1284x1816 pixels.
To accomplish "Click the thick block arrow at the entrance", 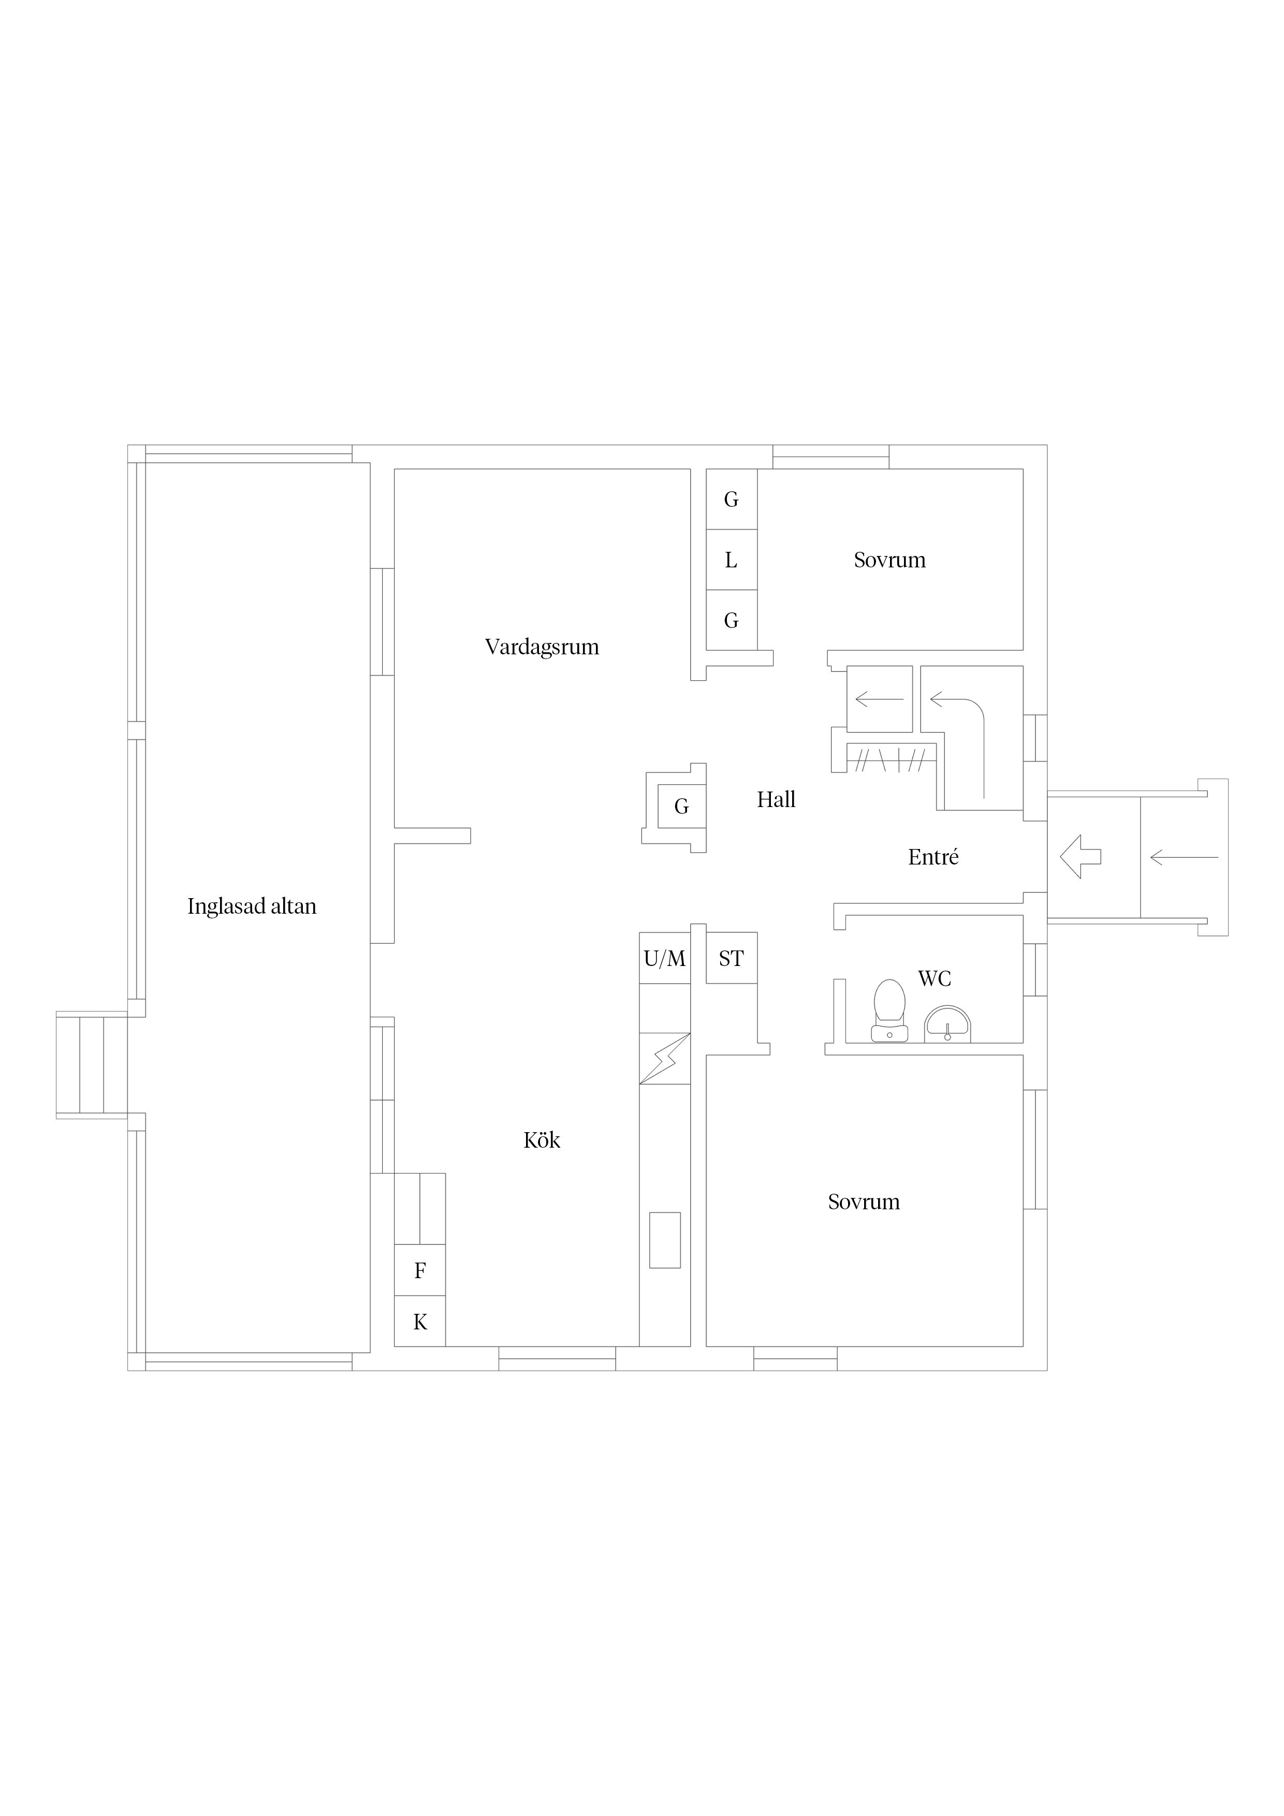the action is pos(1080,857).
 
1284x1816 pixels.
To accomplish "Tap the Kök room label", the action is pos(542,1140).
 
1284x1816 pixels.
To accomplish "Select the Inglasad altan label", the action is pos(252,906).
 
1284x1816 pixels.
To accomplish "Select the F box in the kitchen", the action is pos(420,1270).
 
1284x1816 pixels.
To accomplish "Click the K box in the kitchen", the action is pos(420,1321).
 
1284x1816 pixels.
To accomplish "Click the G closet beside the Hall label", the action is pos(681,807).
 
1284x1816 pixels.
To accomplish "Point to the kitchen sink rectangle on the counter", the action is pos(665,1240).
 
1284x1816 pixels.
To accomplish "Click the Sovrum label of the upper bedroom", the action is pos(889,560).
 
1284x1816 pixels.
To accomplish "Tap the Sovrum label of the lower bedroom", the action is pos(864,1202).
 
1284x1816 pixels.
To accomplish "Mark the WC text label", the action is pos(935,978).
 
